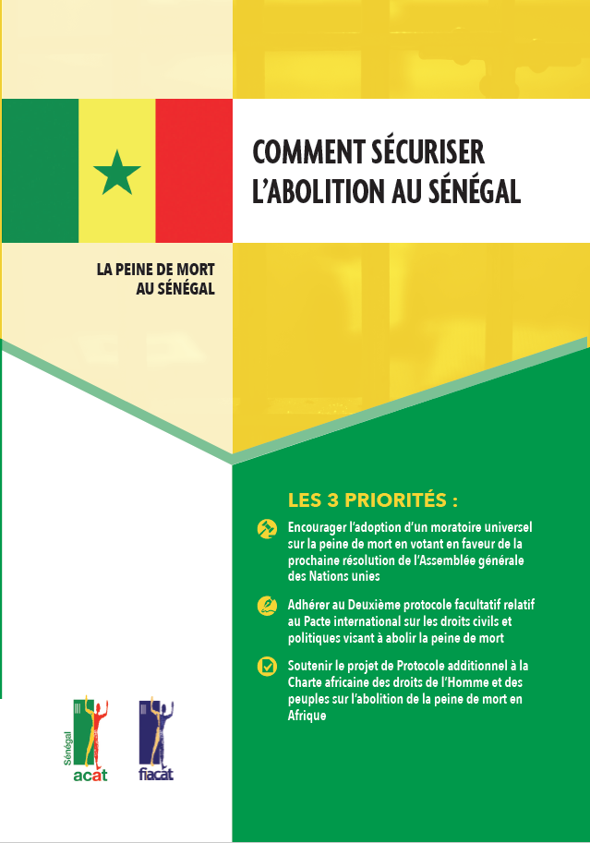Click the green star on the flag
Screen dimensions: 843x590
pos(117,172)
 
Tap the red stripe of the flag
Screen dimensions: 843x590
pos(193,171)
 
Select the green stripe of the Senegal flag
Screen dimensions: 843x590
pos(40,171)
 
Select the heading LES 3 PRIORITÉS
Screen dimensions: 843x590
pos(373,501)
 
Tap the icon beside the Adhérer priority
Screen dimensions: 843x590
pos(266,606)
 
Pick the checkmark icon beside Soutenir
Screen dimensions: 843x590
pos(266,666)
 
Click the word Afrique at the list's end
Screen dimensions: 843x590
pos(307,717)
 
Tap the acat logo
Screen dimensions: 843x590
pos(91,740)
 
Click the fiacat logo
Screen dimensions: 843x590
pos(156,740)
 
